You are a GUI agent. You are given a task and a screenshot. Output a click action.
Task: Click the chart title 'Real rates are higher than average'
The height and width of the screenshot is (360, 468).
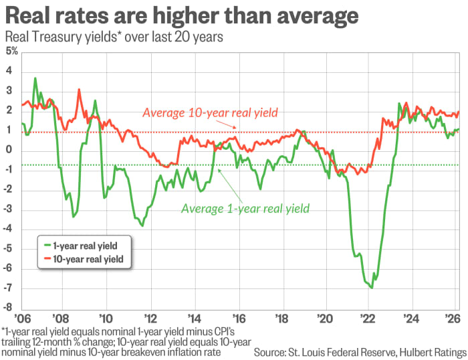click(x=181, y=15)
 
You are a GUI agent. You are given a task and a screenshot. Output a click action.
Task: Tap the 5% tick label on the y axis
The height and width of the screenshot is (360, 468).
click(x=11, y=51)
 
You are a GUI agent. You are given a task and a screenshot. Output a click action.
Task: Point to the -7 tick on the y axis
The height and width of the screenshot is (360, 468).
click(x=9, y=288)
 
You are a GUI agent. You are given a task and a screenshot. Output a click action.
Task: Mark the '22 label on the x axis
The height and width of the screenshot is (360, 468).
click(x=368, y=319)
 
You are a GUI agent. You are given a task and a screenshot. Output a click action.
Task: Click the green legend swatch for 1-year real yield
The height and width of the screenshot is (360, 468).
click(x=47, y=245)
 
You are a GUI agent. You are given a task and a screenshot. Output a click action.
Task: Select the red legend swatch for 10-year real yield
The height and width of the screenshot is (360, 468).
click(x=47, y=258)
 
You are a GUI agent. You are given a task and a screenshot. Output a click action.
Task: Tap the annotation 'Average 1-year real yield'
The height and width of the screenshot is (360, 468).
click(x=246, y=208)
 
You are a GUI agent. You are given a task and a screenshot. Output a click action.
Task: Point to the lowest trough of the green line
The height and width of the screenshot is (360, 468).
click(x=371, y=288)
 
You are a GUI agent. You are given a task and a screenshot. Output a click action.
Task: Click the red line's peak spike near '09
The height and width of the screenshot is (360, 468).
click(x=79, y=90)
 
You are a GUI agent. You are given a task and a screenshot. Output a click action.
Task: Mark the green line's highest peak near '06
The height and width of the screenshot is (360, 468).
click(x=35, y=79)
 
